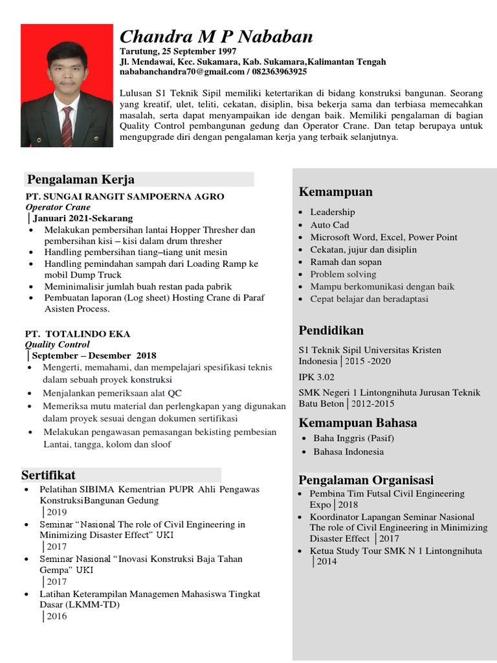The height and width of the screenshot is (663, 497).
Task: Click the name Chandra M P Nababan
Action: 216,36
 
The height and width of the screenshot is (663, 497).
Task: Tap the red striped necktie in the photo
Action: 67,126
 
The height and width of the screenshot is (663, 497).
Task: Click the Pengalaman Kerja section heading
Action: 80,179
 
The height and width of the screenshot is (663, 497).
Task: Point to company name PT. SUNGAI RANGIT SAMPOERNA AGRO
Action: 125,196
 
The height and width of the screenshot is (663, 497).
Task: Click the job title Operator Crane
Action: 58,207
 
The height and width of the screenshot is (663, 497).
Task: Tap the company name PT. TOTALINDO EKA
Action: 78,334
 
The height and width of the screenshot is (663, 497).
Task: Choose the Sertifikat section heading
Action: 49,475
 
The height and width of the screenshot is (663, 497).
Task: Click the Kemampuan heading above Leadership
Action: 335,192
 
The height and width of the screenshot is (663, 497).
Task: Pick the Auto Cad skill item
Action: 329,225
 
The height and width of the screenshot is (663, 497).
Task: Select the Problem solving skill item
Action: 343,275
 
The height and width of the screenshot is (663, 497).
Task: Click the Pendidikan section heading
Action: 331,330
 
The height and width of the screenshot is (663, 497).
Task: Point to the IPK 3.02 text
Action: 317,376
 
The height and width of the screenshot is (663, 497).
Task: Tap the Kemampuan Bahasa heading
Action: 357,423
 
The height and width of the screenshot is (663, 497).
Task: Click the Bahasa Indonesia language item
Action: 348,451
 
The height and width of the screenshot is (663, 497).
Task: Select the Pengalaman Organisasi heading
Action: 366,480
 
